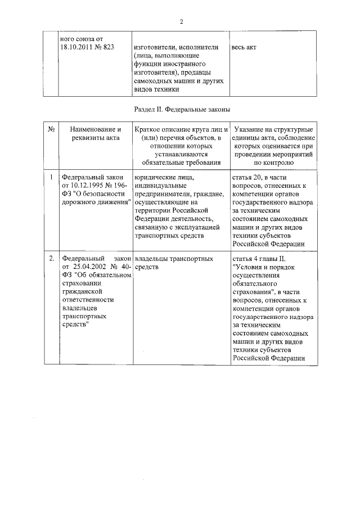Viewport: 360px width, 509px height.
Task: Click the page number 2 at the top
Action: point(182,22)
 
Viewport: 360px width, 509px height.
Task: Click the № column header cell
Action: point(51,129)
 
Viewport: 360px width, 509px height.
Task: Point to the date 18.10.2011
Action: point(77,47)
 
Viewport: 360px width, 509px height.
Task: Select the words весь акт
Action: point(244,47)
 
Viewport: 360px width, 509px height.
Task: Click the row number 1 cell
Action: point(51,177)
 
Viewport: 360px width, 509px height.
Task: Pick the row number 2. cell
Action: point(51,259)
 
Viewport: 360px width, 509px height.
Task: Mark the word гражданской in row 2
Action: point(81,292)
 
